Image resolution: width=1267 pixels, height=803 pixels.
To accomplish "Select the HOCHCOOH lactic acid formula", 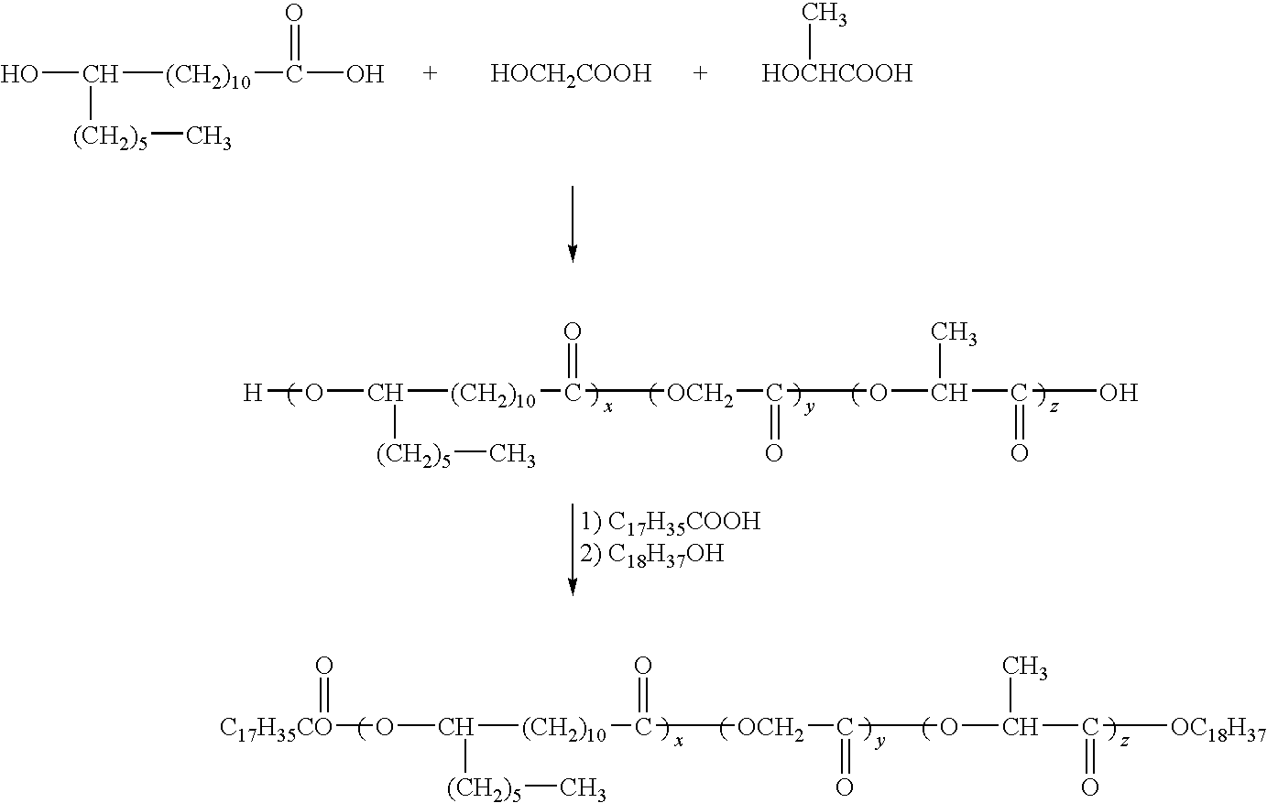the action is tap(837, 73).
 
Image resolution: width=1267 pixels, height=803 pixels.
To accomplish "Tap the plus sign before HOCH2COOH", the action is tap(430, 73).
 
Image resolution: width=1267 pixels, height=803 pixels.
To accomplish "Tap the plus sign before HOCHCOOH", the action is tap(700, 73).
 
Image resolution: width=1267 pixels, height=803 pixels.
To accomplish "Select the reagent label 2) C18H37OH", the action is tap(652, 555).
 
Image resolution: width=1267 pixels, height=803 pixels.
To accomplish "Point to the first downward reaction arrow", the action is tap(573, 224).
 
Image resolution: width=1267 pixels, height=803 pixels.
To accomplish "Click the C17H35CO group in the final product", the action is tap(276, 728).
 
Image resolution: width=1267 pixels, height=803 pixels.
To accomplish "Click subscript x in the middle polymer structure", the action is tap(608, 407).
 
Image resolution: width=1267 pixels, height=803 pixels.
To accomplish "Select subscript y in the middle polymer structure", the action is tap(810, 407).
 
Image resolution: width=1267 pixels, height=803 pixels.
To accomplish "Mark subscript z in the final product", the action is tap(1125, 741).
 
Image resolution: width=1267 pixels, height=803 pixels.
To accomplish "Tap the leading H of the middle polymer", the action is tap(252, 393).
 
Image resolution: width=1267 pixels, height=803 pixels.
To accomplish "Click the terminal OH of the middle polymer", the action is tap(1119, 393).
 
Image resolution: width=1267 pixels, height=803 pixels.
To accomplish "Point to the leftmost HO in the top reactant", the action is tap(19, 74).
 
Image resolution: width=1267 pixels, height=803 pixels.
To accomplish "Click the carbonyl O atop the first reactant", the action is tap(294, 14).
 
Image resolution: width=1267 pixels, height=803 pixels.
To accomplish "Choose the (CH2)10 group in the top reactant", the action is tap(208, 76).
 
